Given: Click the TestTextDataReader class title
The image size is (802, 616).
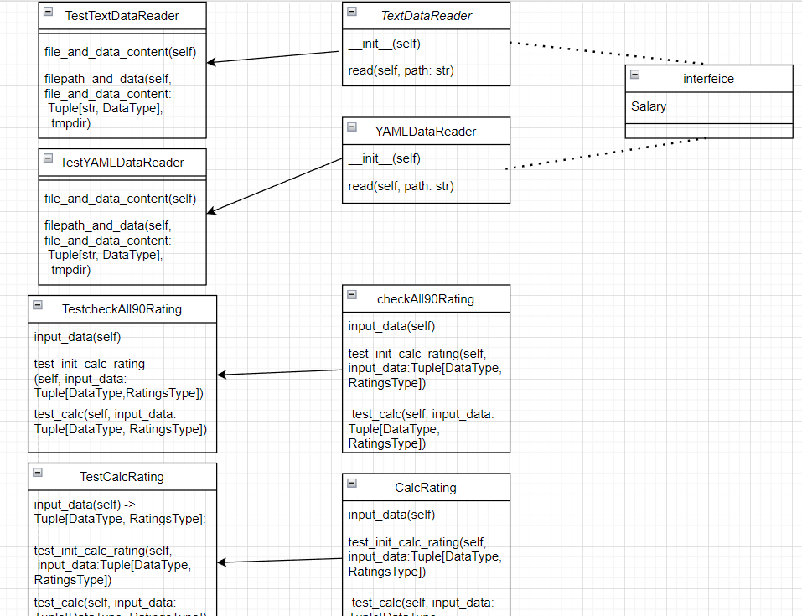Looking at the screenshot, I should tap(122, 15).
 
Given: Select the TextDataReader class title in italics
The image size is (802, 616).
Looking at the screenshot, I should tap(426, 15).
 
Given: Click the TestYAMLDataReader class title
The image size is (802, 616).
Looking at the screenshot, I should tap(122, 162).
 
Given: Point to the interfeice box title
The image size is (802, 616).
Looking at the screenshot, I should tap(708, 78).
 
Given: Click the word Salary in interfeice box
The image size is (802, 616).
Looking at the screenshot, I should tap(649, 106).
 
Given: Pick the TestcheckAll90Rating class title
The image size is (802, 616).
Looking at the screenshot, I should tap(122, 308).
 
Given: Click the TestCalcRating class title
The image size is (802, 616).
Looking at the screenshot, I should tap(122, 476).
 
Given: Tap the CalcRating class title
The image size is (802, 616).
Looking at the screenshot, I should tap(426, 487).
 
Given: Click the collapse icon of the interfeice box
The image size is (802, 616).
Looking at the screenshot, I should tap(634, 75).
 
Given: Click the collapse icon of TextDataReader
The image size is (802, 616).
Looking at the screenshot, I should tap(352, 12).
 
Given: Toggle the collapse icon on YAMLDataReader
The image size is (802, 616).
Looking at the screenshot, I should tap(352, 127).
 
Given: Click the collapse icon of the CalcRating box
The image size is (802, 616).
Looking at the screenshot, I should tap(352, 484).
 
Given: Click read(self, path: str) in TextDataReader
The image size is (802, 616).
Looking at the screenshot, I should tap(401, 70).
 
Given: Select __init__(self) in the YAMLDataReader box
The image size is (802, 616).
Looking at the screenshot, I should tap(384, 158).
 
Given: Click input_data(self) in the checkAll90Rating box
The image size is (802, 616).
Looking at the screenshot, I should tap(391, 326).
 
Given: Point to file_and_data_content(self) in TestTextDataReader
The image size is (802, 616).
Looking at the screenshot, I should tap(120, 52).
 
